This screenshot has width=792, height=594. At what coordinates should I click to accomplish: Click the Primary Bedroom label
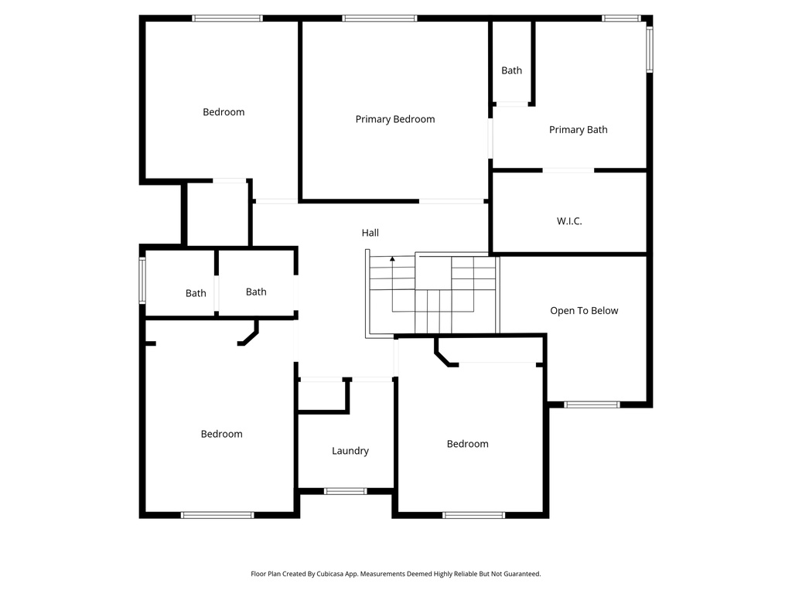[x=394, y=119]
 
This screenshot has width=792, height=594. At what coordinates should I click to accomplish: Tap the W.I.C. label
[x=569, y=221]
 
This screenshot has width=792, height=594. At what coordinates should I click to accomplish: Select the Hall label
[x=370, y=233]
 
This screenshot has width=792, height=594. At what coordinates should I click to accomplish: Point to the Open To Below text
[x=584, y=311]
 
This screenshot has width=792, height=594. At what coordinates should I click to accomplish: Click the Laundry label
[x=350, y=451]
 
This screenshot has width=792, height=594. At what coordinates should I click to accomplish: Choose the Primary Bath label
[x=578, y=130]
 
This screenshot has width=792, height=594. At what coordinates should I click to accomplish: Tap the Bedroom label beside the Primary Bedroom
[x=224, y=112]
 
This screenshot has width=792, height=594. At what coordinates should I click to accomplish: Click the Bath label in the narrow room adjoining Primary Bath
[x=511, y=70]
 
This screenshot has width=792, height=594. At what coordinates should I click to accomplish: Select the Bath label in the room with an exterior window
[x=196, y=294]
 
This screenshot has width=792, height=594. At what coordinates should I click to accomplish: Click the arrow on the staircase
[x=392, y=259]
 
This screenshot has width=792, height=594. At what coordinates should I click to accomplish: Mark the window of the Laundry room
[x=345, y=491]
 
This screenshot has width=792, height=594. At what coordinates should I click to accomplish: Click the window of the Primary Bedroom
[x=380, y=18]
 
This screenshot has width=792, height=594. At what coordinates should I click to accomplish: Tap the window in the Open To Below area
[x=592, y=405]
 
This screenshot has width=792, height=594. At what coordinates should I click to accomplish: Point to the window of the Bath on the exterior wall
[x=142, y=281]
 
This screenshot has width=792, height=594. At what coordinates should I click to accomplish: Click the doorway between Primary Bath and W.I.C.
[x=568, y=170]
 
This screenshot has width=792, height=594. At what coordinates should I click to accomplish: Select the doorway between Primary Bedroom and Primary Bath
[x=490, y=138]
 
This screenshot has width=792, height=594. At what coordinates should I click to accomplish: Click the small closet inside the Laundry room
[x=323, y=396]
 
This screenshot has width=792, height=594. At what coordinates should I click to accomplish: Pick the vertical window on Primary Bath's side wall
[x=650, y=49]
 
